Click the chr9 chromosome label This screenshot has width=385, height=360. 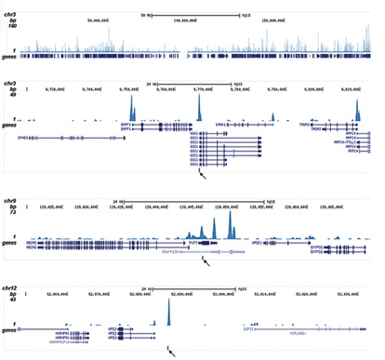[10, 200]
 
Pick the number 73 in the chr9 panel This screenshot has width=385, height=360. [9, 213]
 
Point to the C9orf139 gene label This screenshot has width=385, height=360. [175, 249]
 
